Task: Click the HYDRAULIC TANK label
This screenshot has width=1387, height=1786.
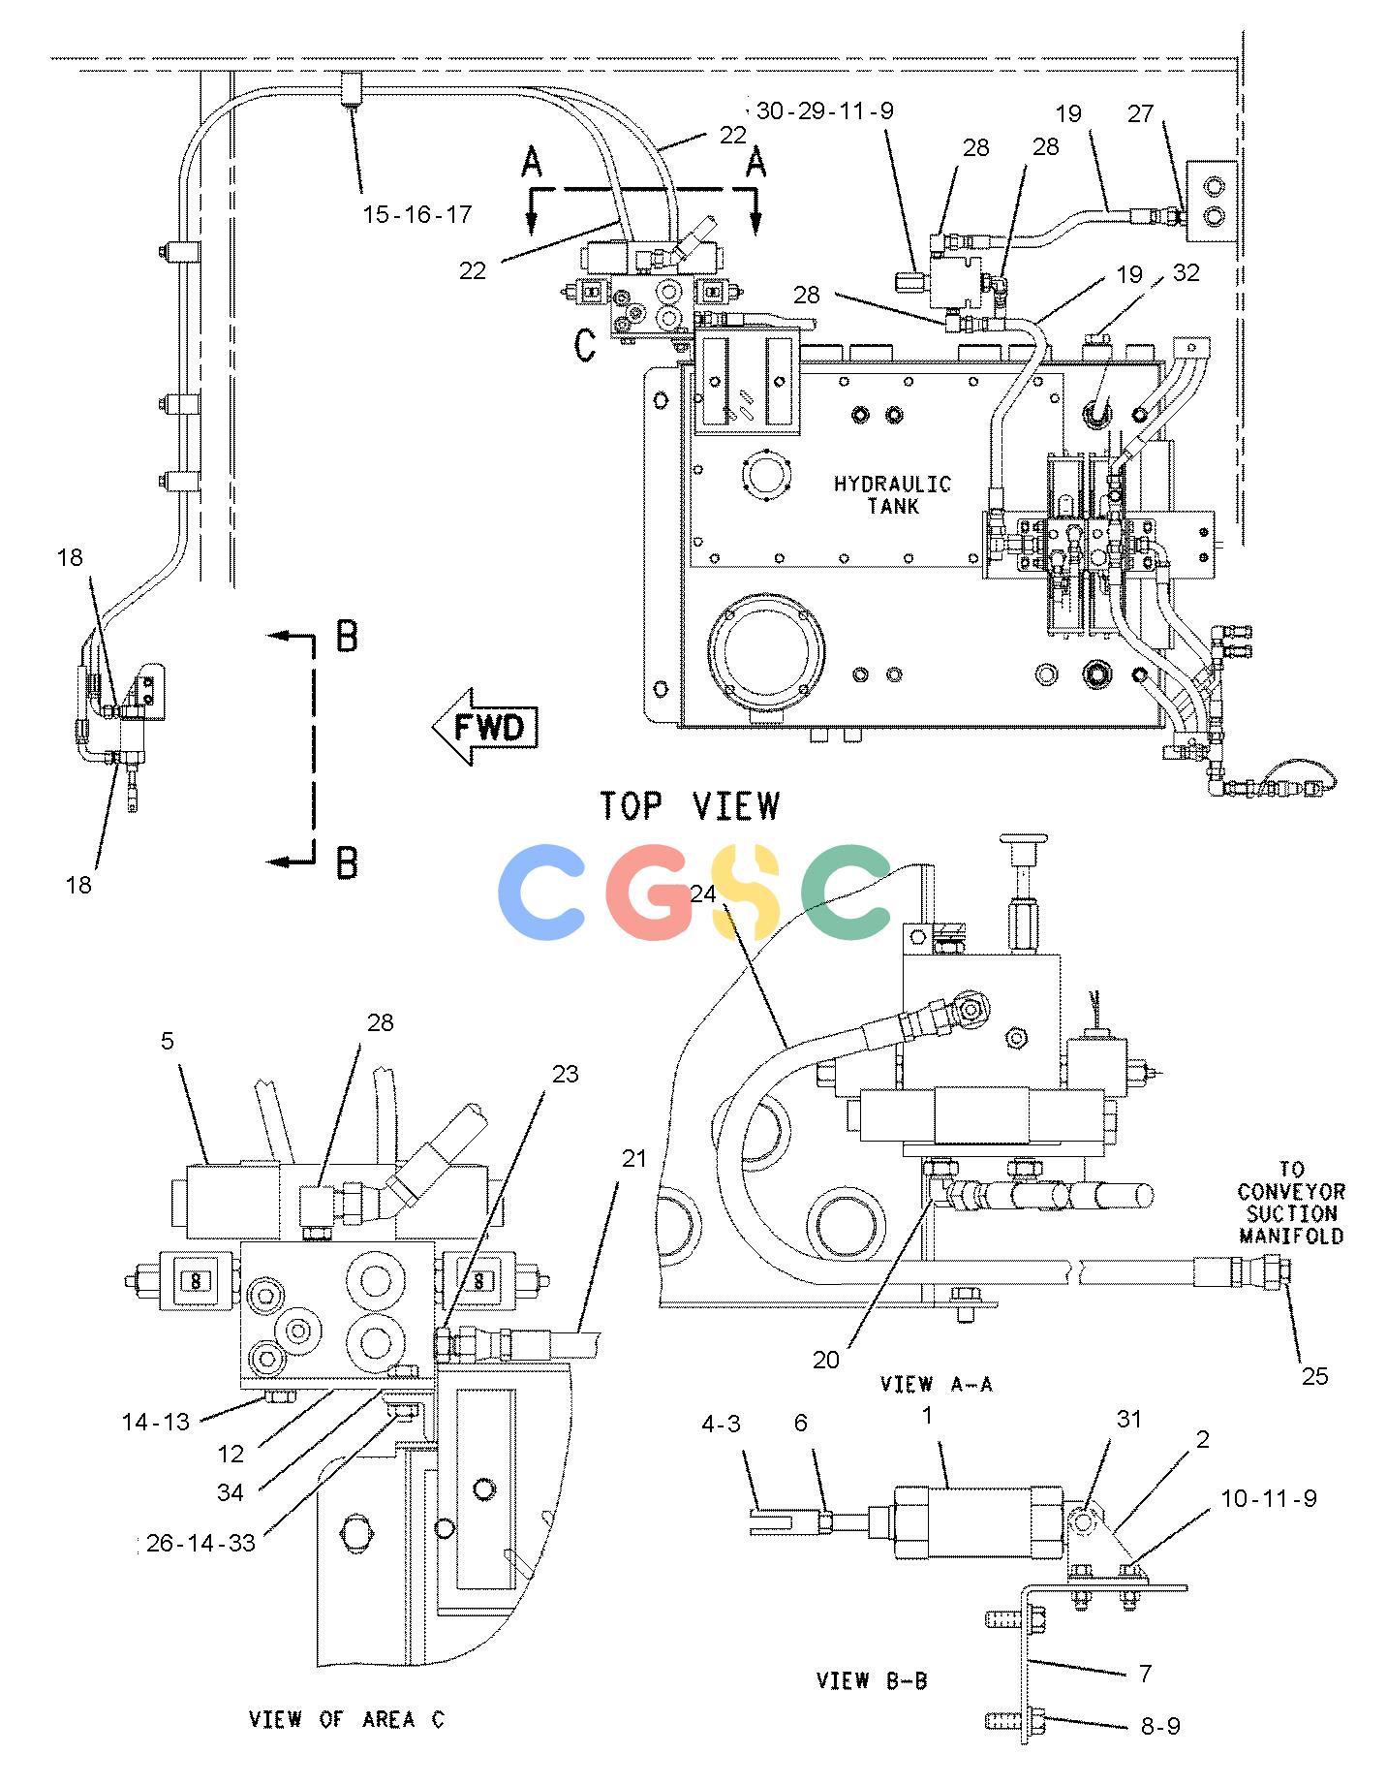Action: pos(892,494)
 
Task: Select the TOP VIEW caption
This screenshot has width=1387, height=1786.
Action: pos(689,805)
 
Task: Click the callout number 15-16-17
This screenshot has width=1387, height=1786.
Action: pos(417,214)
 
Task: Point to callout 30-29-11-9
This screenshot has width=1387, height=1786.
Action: pos(824,110)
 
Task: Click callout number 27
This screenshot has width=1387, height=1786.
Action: pos(1140,113)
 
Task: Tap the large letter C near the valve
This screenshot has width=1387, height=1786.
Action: pos(584,345)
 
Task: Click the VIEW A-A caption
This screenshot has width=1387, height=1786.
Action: pos(937,1384)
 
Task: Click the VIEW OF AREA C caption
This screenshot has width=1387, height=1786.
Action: pos(346,1720)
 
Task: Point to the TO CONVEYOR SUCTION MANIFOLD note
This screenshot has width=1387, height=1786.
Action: pos(1291,1203)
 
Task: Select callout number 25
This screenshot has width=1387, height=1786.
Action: pos(1314,1375)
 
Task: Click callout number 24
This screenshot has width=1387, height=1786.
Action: pos(704,894)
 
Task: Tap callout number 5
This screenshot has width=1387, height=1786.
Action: pos(168,1041)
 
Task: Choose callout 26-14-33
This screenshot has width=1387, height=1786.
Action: pos(200,1542)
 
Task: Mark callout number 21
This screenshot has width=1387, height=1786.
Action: pos(633,1158)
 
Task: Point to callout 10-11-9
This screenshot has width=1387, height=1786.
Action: pos(1269,1498)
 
